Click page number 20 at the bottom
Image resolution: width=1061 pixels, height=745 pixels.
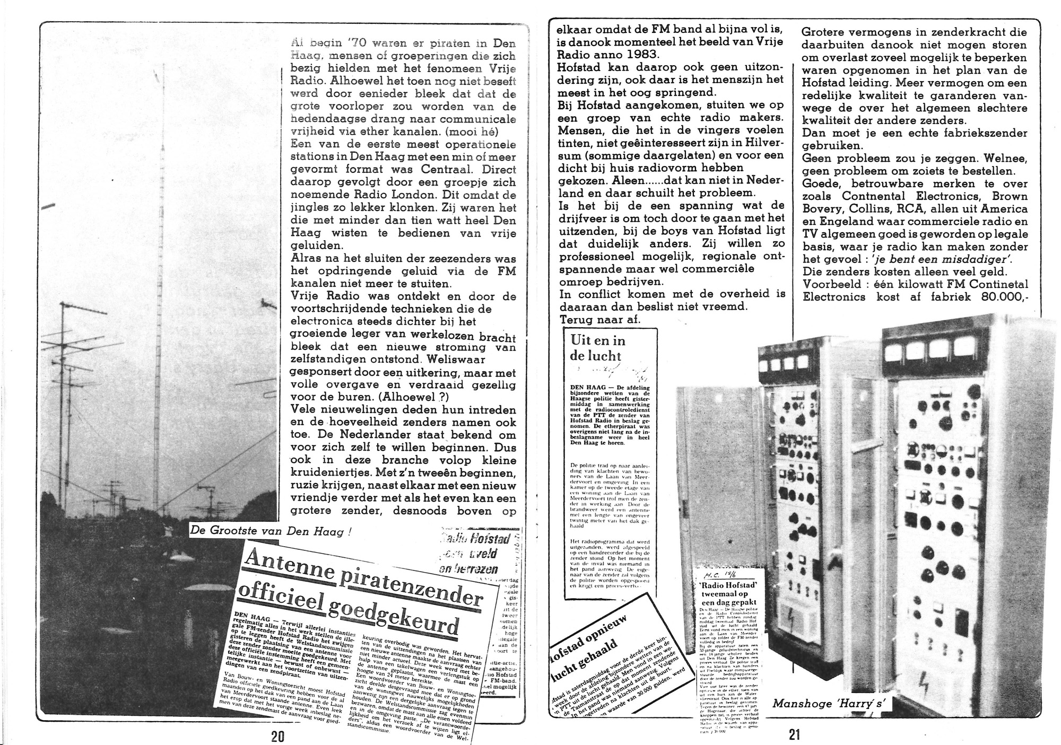coord(277,736)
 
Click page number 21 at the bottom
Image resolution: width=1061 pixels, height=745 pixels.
coord(794,734)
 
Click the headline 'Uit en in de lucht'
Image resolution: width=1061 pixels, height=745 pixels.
coord(597,348)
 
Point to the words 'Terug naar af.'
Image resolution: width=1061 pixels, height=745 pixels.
coord(600,319)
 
